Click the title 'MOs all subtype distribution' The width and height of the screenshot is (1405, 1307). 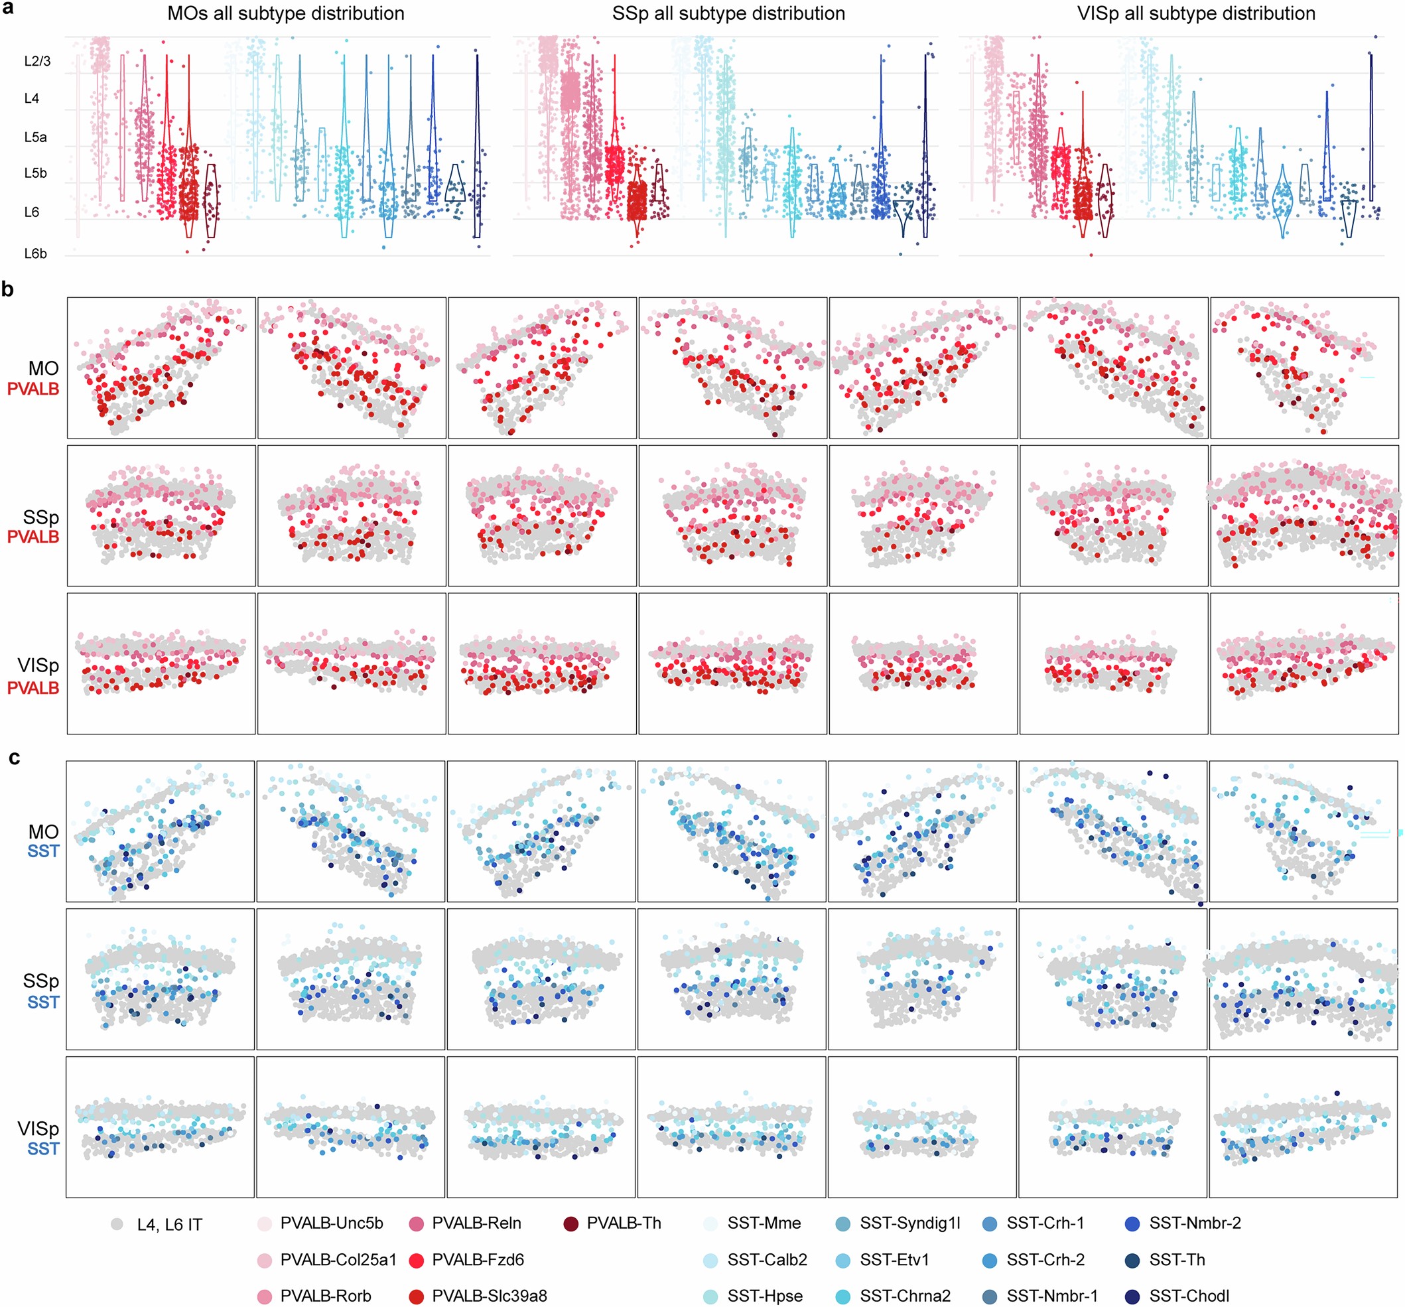tap(285, 13)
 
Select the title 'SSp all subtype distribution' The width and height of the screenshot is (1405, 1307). tap(728, 13)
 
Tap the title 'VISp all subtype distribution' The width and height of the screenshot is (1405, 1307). tap(1196, 13)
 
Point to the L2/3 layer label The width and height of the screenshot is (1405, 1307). tap(36, 62)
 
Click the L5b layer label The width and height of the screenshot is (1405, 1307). tap(35, 173)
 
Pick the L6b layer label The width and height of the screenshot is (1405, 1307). tap(35, 253)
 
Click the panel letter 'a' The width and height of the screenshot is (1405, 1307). tap(8, 8)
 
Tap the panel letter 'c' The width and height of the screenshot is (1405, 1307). tap(14, 758)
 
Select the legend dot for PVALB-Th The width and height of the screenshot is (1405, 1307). tap(571, 1223)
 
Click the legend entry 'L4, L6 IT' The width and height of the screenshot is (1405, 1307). tap(170, 1225)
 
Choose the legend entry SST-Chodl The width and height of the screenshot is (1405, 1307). tap(1189, 1296)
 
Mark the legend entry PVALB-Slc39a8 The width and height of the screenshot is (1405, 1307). tap(489, 1296)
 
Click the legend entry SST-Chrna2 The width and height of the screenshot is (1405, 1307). tap(905, 1296)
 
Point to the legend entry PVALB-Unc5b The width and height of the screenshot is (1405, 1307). tap(332, 1223)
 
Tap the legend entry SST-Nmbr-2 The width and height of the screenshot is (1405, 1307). tap(1195, 1223)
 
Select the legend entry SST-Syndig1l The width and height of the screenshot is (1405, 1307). tap(909, 1223)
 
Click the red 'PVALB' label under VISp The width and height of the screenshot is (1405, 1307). tap(33, 688)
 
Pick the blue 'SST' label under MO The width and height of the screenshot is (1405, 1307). tap(43, 851)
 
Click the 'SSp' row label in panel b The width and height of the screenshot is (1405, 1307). tap(41, 517)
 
